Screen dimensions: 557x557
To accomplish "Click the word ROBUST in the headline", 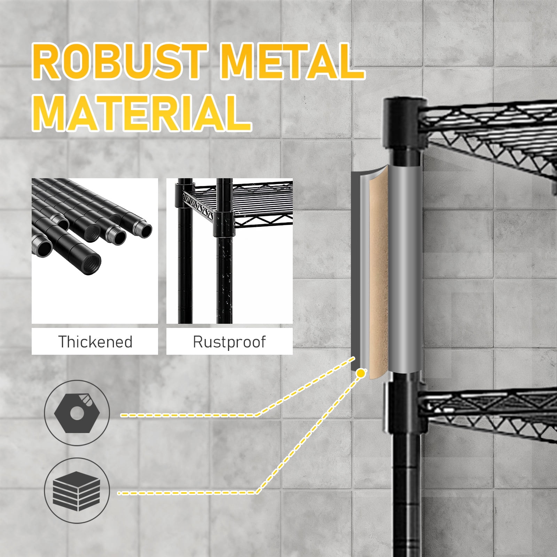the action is (x=120, y=62).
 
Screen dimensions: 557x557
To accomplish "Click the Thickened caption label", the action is (x=95, y=342).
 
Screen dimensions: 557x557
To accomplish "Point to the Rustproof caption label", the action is (x=229, y=342).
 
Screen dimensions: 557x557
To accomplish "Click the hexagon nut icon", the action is (x=77, y=413).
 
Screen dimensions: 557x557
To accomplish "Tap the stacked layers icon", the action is (x=77, y=491).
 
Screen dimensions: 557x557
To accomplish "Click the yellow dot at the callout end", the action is (x=361, y=373).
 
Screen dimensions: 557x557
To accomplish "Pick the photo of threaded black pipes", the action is (x=95, y=251).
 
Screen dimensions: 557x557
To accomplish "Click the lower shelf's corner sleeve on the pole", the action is (x=405, y=407).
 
